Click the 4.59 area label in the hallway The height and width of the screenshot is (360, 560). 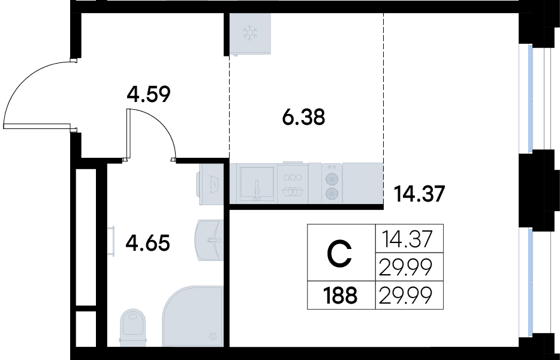[x=149, y=94]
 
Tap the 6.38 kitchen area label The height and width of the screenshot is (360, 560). [x=303, y=117]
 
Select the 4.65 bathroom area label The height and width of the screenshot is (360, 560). [x=148, y=243]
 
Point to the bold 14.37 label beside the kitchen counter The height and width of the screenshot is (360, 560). [x=419, y=194]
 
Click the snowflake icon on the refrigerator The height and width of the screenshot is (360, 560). [x=250, y=32]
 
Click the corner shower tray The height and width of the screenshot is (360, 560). [x=193, y=316]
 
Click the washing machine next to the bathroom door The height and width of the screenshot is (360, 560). [x=211, y=184]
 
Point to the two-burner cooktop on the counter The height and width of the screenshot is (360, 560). [x=332, y=183]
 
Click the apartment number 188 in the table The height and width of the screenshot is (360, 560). [x=340, y=296]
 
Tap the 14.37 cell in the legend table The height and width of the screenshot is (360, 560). [x=407, y=239]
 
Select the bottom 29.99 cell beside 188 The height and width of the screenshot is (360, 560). [x=406, y=296]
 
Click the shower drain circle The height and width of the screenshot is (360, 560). [x=213, y=336]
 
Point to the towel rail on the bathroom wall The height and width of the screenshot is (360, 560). [x=112, y=241]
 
